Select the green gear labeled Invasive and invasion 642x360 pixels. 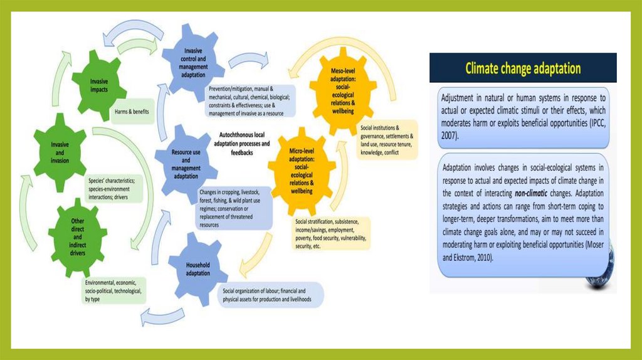60,152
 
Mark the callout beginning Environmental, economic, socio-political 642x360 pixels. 116,290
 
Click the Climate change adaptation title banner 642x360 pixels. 522,68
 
